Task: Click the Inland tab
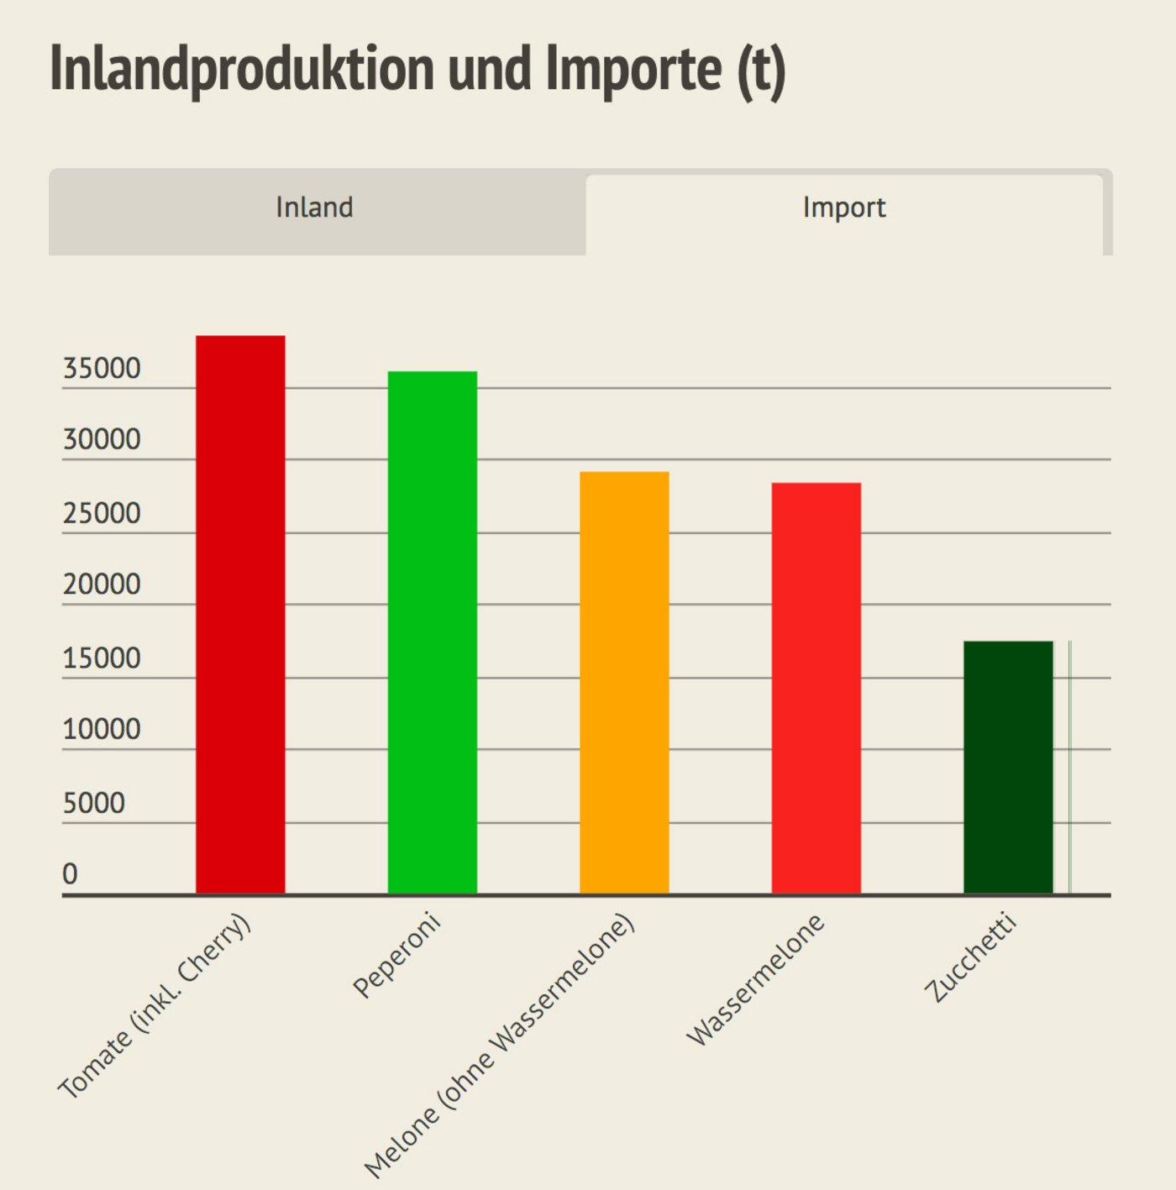315,207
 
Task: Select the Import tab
843,207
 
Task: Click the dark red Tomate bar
240,613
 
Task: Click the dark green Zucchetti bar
1007,767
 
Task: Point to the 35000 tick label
102,369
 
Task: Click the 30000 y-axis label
102,440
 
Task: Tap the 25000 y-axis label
102,513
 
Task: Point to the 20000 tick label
102,585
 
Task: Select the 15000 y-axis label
102,658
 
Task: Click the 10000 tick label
102,729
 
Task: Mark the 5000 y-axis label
93,803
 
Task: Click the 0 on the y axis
70,874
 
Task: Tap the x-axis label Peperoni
396,955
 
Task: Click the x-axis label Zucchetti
970,958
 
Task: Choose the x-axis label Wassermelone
755,980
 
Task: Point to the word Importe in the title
633,69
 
